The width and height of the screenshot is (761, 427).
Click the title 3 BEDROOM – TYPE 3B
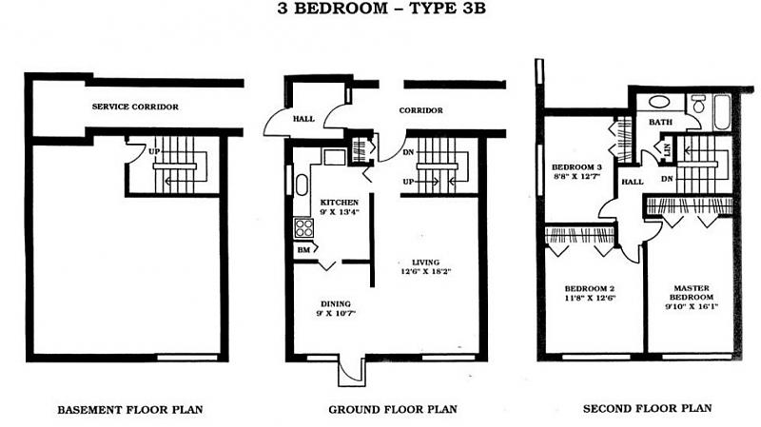tap(381, 9)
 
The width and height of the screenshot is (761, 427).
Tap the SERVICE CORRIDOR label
tap(135, 107)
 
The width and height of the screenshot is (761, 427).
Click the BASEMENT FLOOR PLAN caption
tap(130, 410)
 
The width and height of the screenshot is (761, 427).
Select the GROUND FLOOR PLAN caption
tap(393, 410)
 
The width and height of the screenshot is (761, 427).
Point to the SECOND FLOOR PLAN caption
tap(648, 409)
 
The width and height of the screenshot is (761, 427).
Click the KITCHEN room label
tap(340, 203)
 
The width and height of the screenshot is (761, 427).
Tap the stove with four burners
tap(304, 227)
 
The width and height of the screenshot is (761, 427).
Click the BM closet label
tap(303, 250)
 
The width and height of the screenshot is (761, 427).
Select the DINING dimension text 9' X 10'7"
tap(336, 314)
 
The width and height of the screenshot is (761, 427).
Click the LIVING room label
tap(425, 262)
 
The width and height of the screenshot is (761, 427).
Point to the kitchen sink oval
tap(302, 184)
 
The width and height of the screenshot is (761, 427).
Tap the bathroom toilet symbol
tap(698, 104)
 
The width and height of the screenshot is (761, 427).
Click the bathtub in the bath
tap(722, 112)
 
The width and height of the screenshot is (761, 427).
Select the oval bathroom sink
tap(659, 102)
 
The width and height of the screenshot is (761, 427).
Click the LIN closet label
tap(668, 149)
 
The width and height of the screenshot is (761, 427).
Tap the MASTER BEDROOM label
tap(692, 293)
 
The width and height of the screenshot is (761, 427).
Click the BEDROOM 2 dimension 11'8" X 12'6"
tap(590, 298)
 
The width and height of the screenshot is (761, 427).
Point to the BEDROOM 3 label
tap(576, 167)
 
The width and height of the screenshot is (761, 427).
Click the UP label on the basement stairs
tap(154, 151)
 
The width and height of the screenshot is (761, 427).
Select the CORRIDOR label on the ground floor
tap(420, 110)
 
